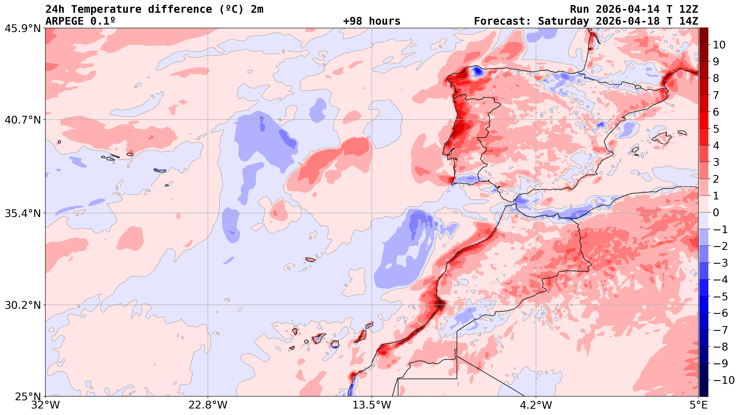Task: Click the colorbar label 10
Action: [x=719, y=45]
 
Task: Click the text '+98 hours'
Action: [x=371, y=21]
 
